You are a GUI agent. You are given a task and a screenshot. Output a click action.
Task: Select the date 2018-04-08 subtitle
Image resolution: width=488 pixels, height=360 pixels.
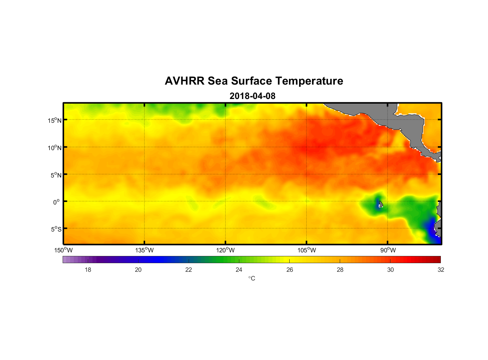[x=252, y=96]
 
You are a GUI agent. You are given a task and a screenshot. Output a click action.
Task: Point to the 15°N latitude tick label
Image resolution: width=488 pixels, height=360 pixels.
[x=55, y=120]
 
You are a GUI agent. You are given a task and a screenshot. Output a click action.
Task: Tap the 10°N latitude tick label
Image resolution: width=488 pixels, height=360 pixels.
[x=55, y=148]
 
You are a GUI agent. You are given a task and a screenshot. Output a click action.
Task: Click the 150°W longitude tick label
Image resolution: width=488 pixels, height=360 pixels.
[x=64, y=250]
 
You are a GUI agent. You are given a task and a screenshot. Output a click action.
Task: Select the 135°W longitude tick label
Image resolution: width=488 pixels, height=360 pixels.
[x=145, y=250]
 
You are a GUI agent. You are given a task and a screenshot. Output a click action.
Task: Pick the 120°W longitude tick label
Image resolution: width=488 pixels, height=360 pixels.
[x=226, y=250]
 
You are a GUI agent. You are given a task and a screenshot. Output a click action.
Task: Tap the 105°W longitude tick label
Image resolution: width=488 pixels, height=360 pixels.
[x=307, y=250]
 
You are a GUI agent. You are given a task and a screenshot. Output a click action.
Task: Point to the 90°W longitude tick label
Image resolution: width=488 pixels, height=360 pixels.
[x=388, y=250]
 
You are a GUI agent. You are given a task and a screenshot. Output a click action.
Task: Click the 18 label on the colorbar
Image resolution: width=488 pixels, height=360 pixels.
[x=88, y=270]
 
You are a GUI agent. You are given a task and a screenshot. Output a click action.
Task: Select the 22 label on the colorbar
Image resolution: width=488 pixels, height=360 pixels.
[x=189, y=270]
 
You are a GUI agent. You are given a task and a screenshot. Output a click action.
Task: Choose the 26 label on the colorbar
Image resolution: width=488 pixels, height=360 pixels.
[x=290, y=270]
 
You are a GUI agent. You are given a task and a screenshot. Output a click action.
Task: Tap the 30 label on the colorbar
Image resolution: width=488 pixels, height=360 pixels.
[x=390, y=270]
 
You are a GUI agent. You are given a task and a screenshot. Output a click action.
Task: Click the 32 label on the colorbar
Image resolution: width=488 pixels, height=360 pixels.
[x=441, y=270]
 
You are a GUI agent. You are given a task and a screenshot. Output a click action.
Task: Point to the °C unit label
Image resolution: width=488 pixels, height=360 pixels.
[x=252, y=278]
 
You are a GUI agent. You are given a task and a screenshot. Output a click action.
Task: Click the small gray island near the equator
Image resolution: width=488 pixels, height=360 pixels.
[x=381, y=204]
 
